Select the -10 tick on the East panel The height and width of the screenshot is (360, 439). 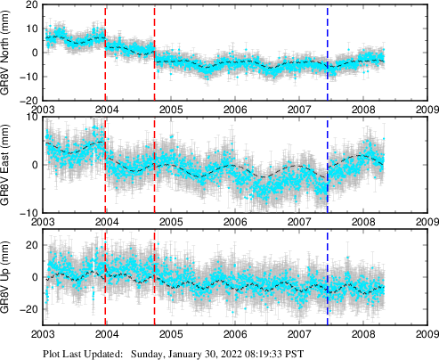coord(28,212)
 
